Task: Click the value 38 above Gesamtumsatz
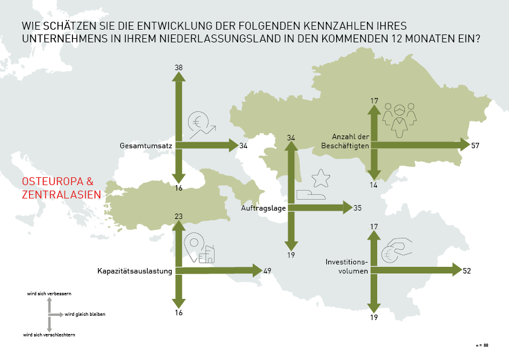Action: coord(178,67)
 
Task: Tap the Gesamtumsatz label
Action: coord(146,146)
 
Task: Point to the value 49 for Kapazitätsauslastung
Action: coord(268,270)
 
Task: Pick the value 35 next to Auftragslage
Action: coord(357,208)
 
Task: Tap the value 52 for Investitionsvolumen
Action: coord(467,270)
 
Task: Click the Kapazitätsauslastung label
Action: coord(135,271)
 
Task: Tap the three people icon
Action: coord(400,116)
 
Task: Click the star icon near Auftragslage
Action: coord(320,178)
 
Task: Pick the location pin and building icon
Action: coord(199,249)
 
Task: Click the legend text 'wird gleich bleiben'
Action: coord(84,315)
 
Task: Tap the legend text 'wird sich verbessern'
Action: coord(49,293)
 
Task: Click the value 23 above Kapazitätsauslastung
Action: coord(178,216)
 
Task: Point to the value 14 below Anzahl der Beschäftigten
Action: coord(374,185)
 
